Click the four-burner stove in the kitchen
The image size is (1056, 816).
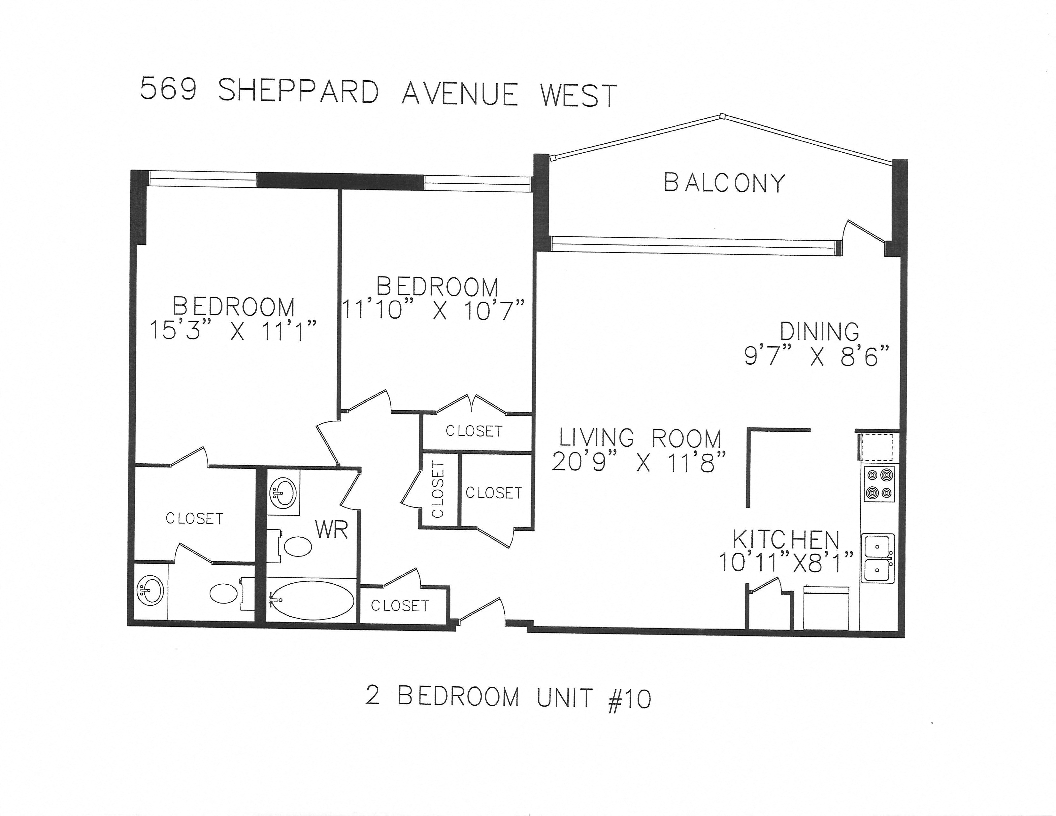879,484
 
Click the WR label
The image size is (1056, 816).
332,530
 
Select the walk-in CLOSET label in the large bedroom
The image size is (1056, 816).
194,519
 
